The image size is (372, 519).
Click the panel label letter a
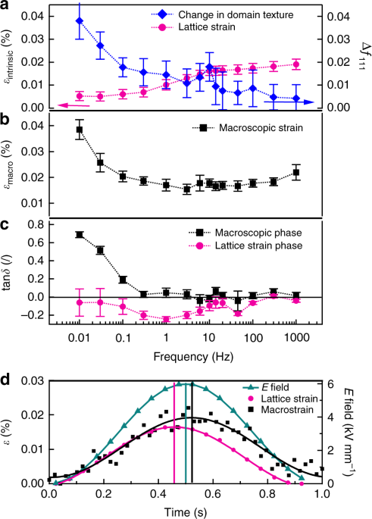pyautogui.click(x=5, y=6)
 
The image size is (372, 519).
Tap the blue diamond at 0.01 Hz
pyautogui.click(x=80, y=20)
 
